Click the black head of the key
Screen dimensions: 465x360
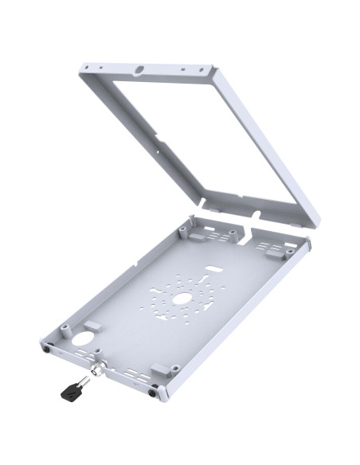click(68, 389)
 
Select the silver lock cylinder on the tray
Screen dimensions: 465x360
click(97, 368)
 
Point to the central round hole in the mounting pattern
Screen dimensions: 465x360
click(182, 297)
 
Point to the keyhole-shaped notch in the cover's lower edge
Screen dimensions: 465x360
click(256, 213)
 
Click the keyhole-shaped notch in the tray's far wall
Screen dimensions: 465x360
click(249, 233)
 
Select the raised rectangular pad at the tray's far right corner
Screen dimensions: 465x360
click(275, 249)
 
